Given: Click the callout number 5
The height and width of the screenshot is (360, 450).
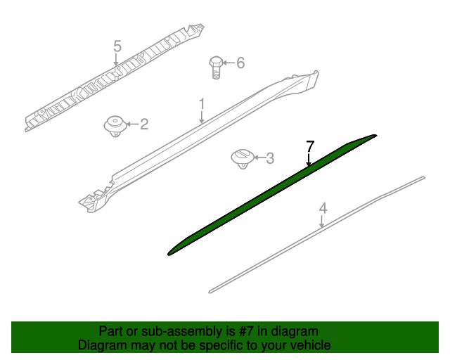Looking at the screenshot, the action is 117,46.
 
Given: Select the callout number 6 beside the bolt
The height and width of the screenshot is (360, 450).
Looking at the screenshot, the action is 240,63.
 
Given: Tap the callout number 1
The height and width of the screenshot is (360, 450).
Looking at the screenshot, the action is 202,104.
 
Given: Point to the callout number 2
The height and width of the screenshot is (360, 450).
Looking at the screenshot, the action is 144,124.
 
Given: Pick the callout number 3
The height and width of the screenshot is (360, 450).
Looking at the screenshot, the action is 270,158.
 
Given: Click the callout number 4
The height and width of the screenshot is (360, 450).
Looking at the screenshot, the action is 323,208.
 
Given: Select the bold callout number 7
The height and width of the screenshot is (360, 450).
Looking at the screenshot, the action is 310,146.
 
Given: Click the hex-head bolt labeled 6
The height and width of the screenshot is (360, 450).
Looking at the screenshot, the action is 216,67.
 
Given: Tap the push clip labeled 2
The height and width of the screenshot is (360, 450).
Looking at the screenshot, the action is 115,127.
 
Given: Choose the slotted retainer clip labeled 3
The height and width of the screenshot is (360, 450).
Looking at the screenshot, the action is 243,159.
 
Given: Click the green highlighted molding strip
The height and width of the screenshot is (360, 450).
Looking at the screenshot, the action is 271,195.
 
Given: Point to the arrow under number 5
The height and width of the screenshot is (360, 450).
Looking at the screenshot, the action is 116,60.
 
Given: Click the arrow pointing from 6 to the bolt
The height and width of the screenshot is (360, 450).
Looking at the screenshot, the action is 229,63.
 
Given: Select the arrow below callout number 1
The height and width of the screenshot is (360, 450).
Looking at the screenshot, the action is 202,117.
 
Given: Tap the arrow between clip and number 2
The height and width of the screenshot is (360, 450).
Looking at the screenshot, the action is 133,124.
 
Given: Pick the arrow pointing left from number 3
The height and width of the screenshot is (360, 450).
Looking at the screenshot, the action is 259,157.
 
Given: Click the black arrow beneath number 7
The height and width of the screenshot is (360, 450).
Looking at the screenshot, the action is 309,160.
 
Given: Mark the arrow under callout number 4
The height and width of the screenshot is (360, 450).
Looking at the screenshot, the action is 322,221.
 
